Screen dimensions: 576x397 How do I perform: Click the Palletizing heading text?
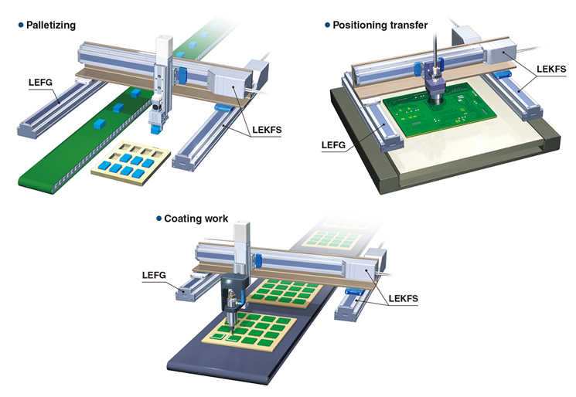coord(51,25)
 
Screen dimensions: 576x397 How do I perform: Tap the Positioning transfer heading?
coord(380,25)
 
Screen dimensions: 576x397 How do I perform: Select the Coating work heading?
coord(196,219)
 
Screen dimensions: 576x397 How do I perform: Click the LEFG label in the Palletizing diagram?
coord(40,83)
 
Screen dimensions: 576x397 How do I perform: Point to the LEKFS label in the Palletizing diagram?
coord(267,130)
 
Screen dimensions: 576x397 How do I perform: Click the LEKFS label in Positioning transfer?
coord(551,69)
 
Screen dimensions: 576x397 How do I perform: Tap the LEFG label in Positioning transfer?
coord(333,145)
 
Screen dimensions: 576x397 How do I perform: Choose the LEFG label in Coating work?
coord(154,275)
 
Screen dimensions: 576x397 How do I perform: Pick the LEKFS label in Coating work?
coord(404,299)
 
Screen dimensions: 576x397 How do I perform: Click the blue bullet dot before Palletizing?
coord(21,25)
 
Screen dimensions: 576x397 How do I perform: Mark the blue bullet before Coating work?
coord(159,219)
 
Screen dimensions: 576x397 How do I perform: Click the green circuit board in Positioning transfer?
coord(439,110)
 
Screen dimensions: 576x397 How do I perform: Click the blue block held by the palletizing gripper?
coord(155,129)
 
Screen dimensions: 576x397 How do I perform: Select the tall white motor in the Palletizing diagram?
coord(164,46)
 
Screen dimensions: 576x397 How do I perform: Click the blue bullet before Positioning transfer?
coord(327,25)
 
